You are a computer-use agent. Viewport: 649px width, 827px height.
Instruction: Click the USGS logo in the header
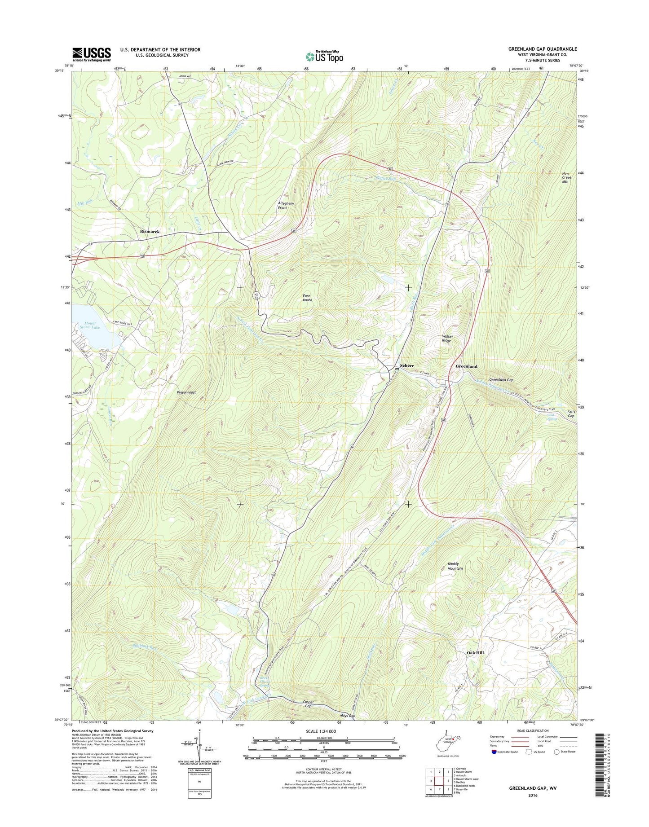[x=92, y=54]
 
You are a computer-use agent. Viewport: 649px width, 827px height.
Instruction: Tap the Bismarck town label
[x=150, y=231]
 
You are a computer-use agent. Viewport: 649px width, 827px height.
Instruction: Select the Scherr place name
[x=406, y=365]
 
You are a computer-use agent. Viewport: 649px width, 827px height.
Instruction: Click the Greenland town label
[x=466, y=366]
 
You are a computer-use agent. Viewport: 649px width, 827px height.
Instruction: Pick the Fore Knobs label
[x=307, y=297]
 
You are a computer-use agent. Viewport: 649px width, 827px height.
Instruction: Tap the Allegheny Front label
[x=286, y=205]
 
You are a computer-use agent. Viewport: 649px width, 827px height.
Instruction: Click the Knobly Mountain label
[x=455, y=566]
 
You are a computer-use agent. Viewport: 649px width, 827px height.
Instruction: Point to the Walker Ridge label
[x=447, y=338]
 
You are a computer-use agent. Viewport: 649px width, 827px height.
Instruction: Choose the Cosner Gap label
[x=308, y=704]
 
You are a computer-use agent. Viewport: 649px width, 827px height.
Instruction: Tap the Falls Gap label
[x=571, y=413]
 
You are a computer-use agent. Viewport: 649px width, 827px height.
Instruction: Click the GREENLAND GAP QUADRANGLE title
[x=543, y=49]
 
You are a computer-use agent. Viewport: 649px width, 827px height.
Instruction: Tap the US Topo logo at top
[x=324, y=56]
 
